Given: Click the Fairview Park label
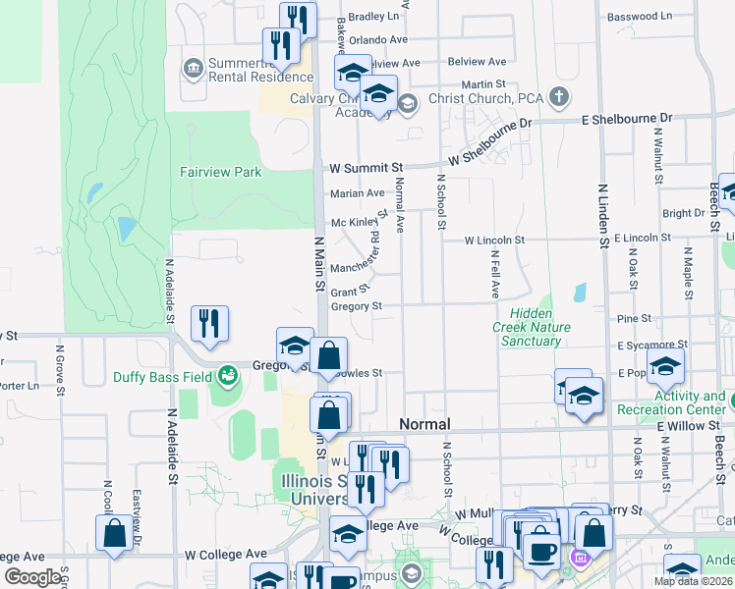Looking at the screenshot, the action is coord(220,172).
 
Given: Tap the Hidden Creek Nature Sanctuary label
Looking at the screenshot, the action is coord(531,327).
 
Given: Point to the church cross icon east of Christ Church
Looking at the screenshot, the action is coord(559,96).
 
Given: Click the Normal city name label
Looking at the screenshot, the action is coord(424,424).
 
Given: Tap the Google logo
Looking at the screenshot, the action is coord(31,577).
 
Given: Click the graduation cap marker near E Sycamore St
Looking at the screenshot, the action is coord(665,366).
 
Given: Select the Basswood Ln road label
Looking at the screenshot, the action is coord(639,17).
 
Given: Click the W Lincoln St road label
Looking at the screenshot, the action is coord(494,240).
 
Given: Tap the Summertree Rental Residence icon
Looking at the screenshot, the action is coord(193,69).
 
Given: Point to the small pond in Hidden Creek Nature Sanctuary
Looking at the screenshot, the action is coord(578,292).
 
